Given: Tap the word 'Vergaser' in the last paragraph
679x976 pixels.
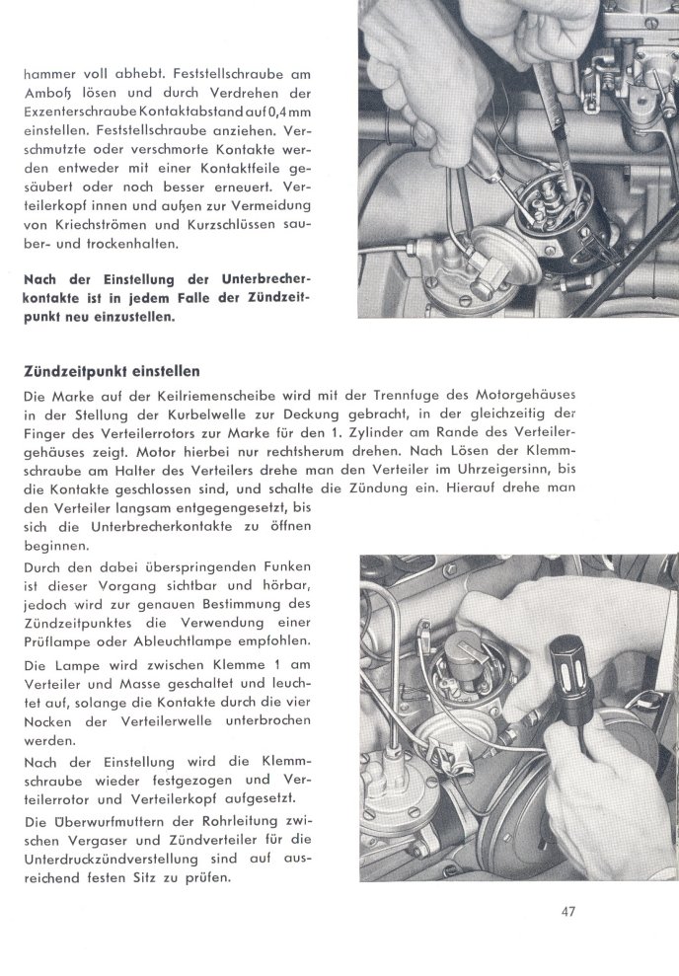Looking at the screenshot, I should tap(97, 840).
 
